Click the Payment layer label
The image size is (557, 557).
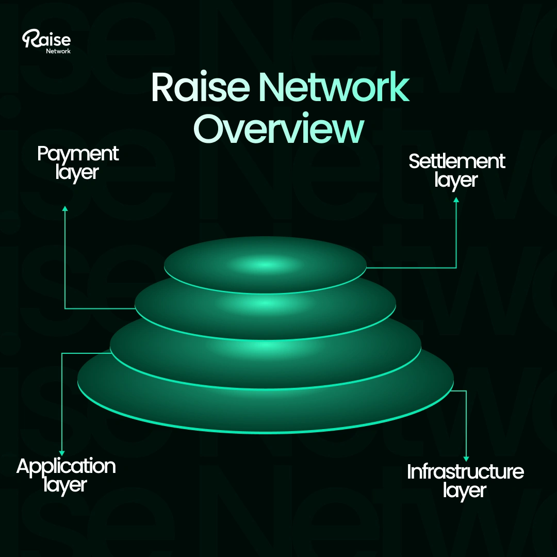click(77, 162)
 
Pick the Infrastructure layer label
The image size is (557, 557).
click(465, 481)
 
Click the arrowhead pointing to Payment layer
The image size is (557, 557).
click(65, 208)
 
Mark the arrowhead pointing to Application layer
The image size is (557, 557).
click(62, 453)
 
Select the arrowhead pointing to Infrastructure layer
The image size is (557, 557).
click(466, 458)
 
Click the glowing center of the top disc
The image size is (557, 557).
click(265, 265)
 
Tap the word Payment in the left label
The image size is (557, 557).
click(77, 154)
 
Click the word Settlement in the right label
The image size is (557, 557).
click(456, 161)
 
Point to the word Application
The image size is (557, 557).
click(65, 466)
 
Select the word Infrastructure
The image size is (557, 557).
click(465, 472)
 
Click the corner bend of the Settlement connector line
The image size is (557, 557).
click(456, 268)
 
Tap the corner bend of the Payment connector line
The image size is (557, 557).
click(65, 308)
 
